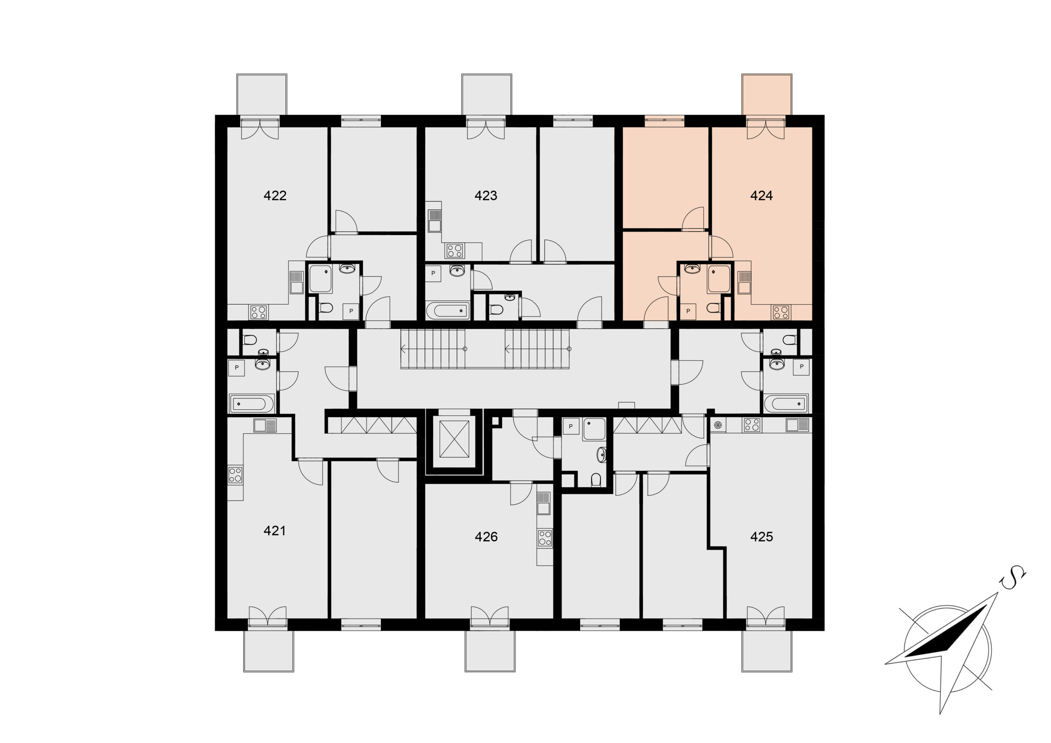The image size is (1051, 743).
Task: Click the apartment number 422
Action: coord(275,195)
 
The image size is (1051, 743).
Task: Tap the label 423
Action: coord(486,195)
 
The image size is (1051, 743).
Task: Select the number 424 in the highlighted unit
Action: coord(761,195)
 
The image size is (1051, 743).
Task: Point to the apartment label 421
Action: coord(275,531)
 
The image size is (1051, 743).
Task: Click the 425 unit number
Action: coord(761,537)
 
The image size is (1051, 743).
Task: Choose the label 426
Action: coord(486,537)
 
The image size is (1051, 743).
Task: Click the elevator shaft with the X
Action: coord(454,439)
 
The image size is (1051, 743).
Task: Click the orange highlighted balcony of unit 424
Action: coord(767,94)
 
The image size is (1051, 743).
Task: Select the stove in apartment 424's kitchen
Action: coord(780,312)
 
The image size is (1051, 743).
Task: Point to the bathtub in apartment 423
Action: coord(447,311)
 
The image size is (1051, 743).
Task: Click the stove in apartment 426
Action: coord(545,538)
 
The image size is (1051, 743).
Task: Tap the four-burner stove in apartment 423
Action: coord(454,250)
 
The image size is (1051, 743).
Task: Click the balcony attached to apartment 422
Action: coord(262,94)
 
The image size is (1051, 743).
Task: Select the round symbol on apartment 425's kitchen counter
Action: coord(718,425)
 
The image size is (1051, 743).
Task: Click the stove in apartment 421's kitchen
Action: coord(235,475)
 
